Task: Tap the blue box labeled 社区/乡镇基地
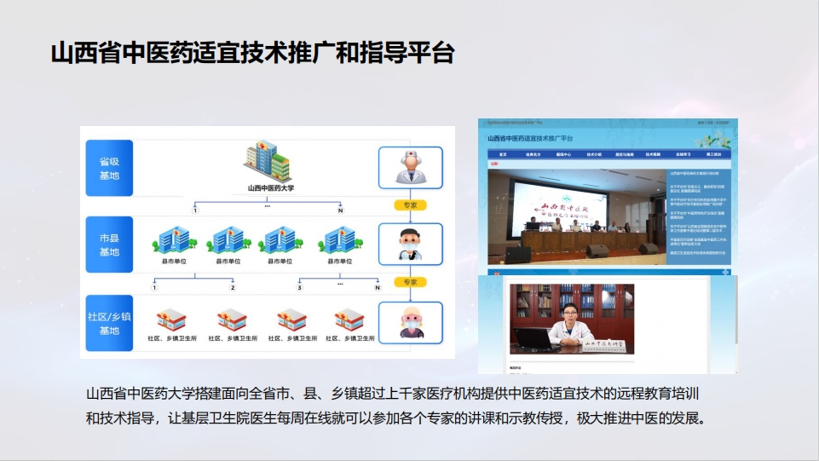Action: click(x=109, y=322)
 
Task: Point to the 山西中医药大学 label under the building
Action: click(x=270, y=188)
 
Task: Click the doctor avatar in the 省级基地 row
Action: click(x=410, y=167)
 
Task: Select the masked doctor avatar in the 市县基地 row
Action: click(x=410, y=245)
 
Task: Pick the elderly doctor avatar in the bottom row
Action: click(x=410, y=322)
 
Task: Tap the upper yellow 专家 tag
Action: click(x=410, y=205)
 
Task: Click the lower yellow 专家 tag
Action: click(x=410, y=282)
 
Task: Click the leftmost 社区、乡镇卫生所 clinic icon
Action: click(x=173, y=320)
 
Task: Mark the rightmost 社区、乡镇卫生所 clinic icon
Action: click(x=349, y=320)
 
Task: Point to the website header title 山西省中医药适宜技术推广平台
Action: click(x=530, y=137)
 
